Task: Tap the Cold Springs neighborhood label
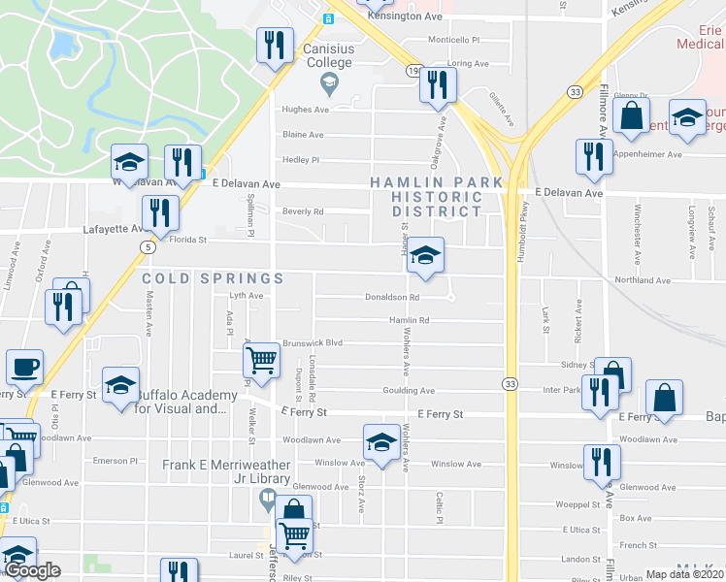213,278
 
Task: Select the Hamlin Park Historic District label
436,196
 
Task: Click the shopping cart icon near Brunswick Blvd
261,361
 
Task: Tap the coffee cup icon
24,368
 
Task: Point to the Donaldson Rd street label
392,298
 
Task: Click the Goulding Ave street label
412,391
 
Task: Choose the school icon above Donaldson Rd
425,256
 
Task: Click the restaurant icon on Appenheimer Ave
593,156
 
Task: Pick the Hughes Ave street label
302,110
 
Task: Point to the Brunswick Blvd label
313,342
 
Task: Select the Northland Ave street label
642,280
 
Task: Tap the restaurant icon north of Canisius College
274,45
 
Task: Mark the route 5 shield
148,247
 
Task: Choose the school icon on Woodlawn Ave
380,443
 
